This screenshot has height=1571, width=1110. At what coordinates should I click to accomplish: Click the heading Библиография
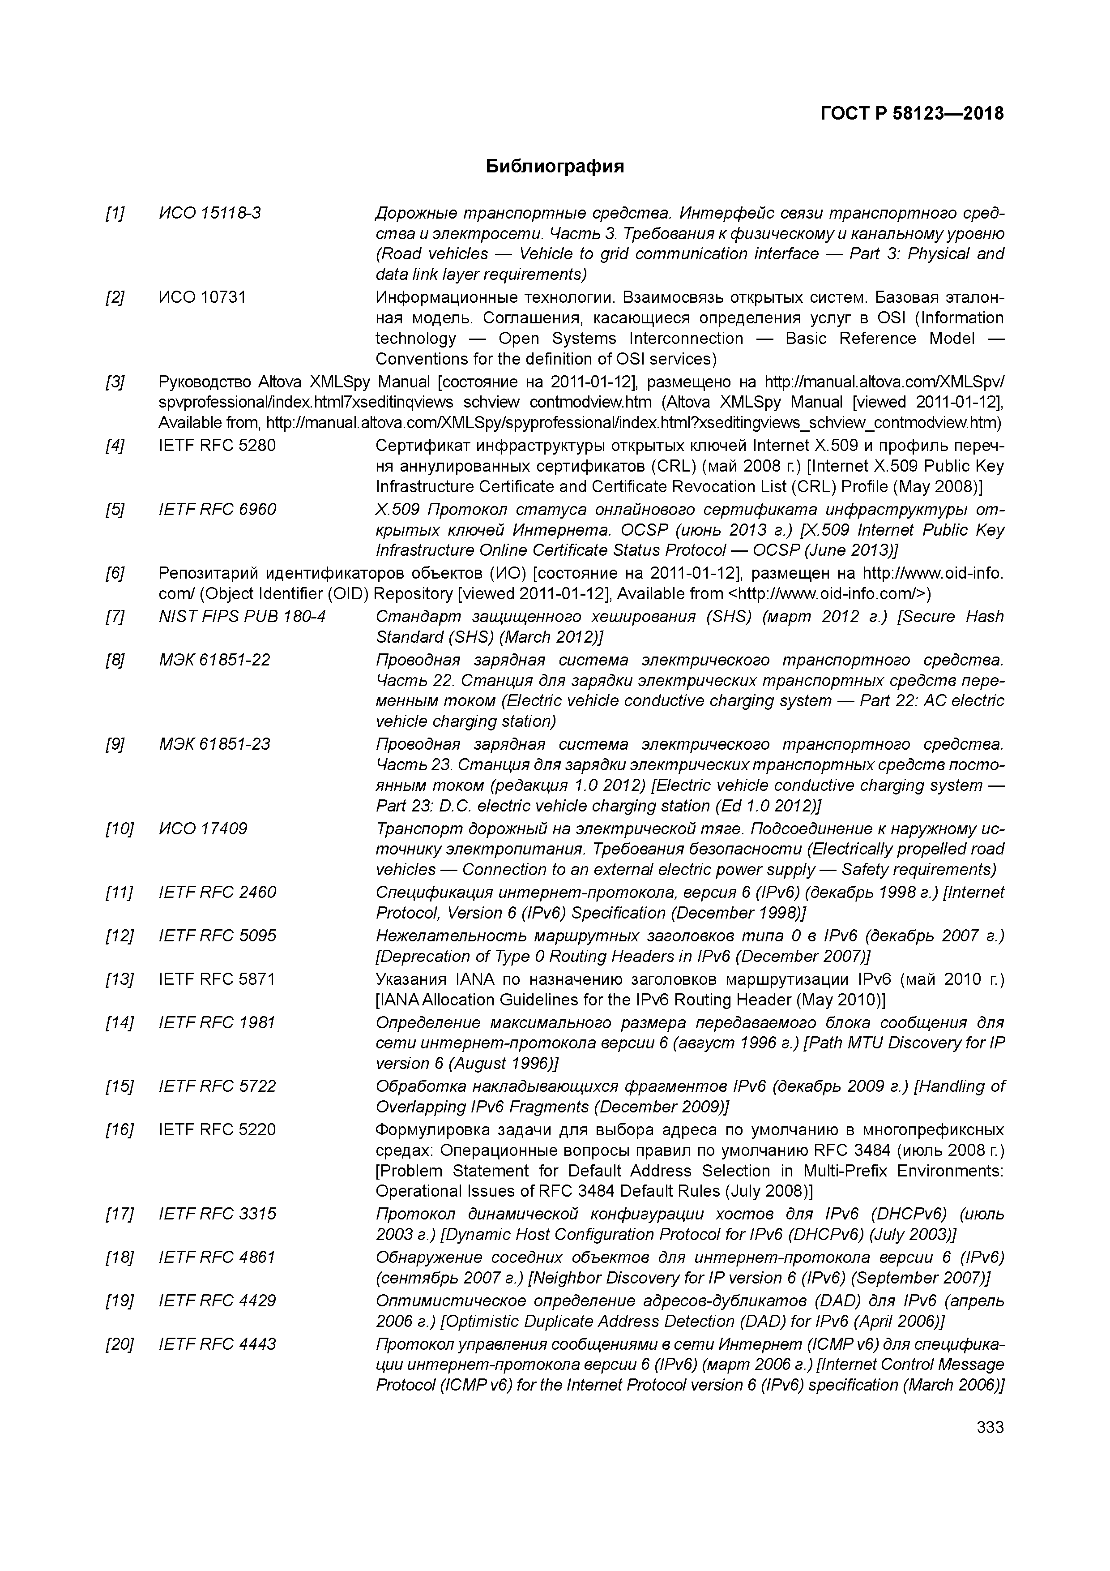[555, 166]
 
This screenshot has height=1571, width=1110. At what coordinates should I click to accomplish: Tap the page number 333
[990, 1427]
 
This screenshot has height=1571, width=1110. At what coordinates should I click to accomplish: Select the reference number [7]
[115, 617]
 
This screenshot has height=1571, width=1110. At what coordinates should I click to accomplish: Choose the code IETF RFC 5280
[217, 446]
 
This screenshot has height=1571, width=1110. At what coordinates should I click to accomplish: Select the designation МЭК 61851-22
[214, 660]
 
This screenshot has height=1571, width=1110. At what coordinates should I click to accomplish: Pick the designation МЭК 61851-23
[214, 744]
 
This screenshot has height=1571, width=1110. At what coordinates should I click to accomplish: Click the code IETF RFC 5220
[217, 1130]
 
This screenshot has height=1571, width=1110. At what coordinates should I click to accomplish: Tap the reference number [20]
[119, 1344]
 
